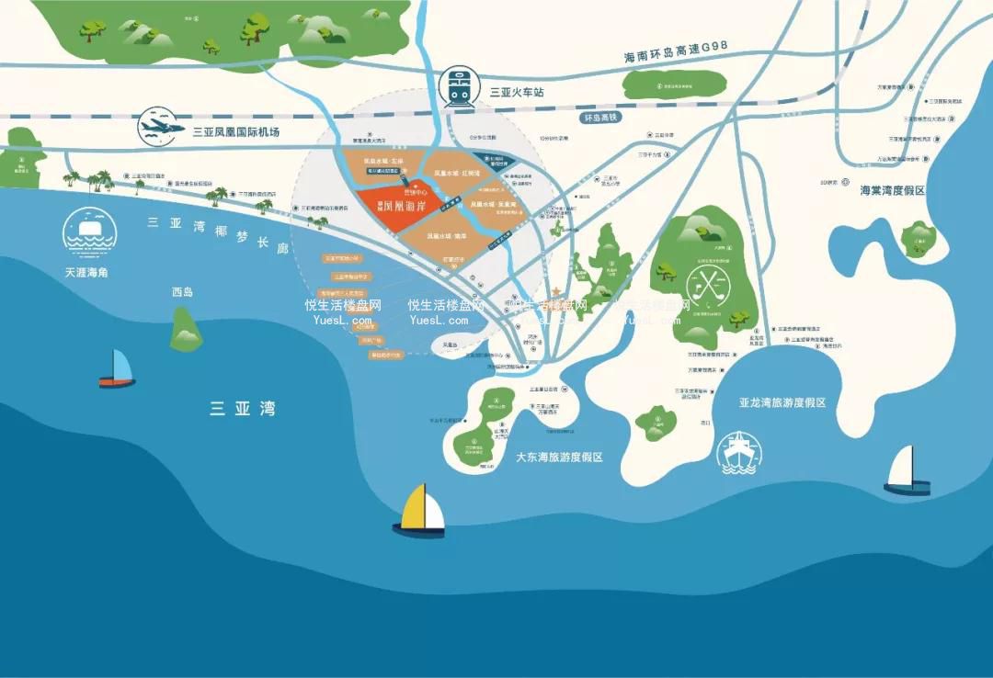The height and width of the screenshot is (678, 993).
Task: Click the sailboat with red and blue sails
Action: click(x=117, y=367)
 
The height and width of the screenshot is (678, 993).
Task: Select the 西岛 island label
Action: click(x=182, y=292)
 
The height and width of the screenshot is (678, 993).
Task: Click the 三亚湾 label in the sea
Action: click(x=242, y=409)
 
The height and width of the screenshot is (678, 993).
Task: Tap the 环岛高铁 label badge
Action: click(x=602, y=119)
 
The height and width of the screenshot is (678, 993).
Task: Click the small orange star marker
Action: click(x=555, y=297)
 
